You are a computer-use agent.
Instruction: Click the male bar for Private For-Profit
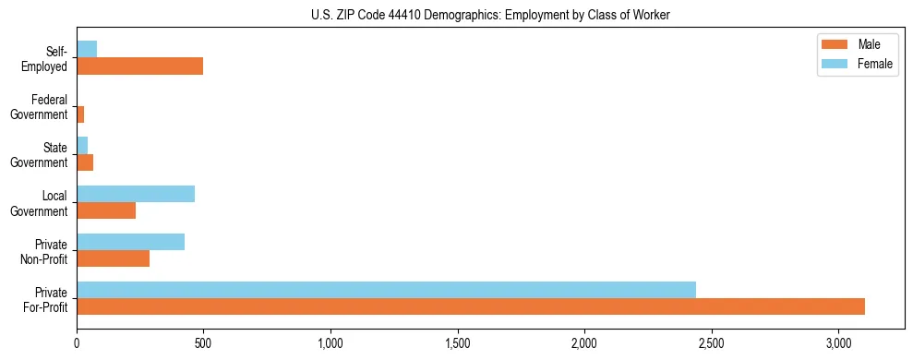(x=471, y=306)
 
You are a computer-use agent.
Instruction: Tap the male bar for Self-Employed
(x=139, y=66)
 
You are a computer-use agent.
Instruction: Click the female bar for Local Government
(x=136, y=194)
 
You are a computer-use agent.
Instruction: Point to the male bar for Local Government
(x=106, y=210)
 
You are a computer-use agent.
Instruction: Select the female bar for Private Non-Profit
(x=130, y=242)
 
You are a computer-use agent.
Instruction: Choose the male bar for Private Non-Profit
(x=113, y=258)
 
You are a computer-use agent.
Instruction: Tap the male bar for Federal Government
(x=80, y=114)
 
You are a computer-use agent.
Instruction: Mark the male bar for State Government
(x=85, y=162)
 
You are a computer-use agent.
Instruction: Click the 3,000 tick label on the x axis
(x=838, y=343)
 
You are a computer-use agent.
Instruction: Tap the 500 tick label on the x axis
(x=203, y=343)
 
